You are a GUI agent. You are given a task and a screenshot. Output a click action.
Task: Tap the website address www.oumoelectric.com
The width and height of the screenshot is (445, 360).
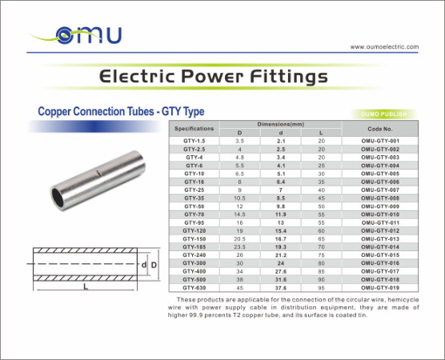pyautogui.click(x=384, y=47)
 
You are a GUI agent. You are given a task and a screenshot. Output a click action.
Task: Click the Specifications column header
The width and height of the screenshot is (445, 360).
pyautogui.click(x=194, y=128)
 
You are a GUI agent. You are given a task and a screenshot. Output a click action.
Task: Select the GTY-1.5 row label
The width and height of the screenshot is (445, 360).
pyautogui.click(x=194, y=141)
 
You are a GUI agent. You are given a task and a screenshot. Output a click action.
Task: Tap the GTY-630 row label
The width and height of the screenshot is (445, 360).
pyautogui.click(x=194, y=288)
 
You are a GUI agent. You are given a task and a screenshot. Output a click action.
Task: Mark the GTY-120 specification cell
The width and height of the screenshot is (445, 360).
pyautogui.click(x=194, y=230)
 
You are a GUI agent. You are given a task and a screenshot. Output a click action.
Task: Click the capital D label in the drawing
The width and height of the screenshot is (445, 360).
pyautogui.click(x=155, y=264)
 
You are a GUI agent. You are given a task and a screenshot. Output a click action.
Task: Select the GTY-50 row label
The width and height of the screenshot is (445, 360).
pyautogui.click(x=194, y=206)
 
